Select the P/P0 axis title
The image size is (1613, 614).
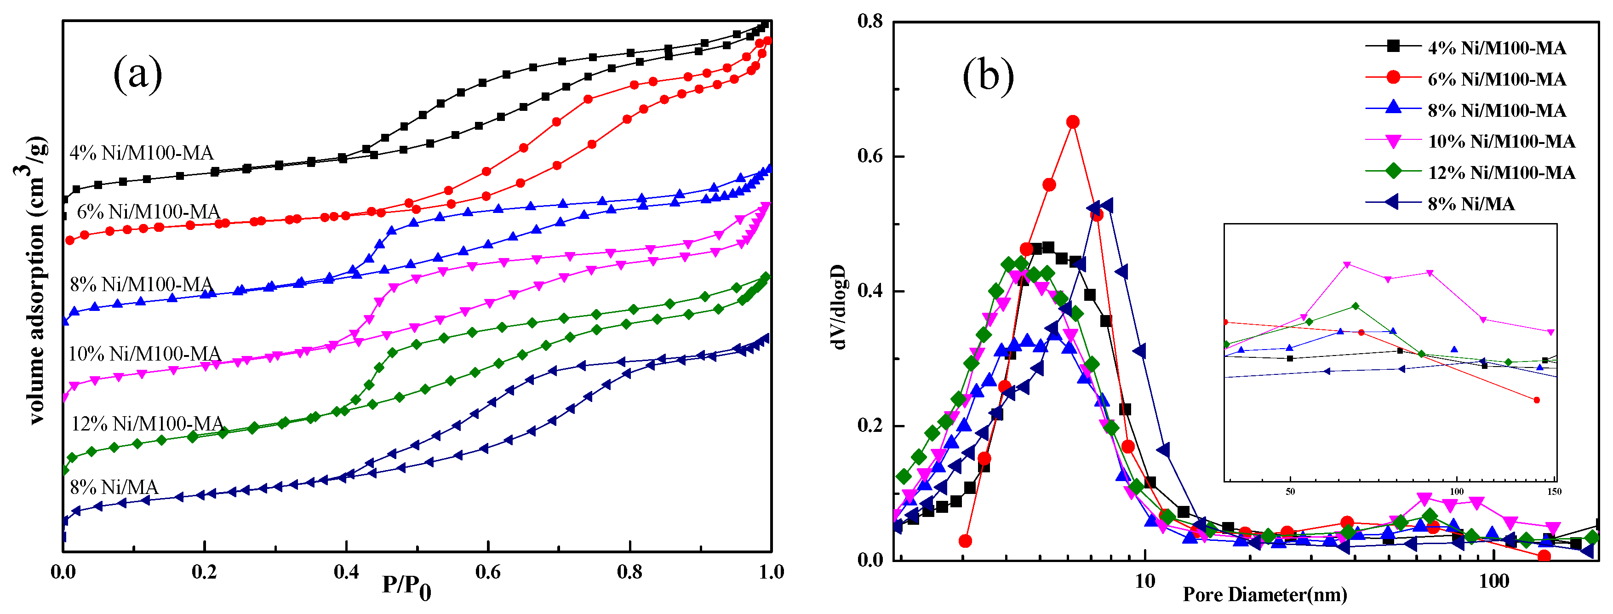tap(406, 587)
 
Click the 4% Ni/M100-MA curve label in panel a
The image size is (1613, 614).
tap(142, 153)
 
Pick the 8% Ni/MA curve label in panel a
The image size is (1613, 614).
tap(114, 487)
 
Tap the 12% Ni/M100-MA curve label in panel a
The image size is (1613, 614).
tap(148, 424)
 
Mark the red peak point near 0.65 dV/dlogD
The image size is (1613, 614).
tap(1073, 121)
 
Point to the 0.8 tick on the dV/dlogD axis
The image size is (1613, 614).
tap(870, 21)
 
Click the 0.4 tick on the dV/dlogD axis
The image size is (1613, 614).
tap(870, 291)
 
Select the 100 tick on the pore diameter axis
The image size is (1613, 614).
tap(1494, 581)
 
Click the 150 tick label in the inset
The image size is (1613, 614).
tap(1554, 491)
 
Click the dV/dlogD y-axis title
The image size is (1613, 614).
tap(840, 307)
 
